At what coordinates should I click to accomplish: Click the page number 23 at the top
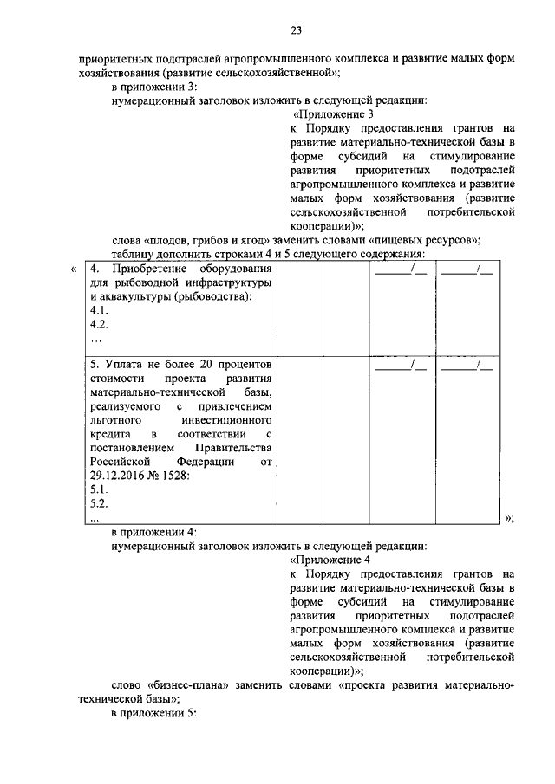pyautogui.click(x=296, y=31)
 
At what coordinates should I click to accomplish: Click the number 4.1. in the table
pyautogui.click(x=99, y=311)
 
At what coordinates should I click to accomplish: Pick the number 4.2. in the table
pyautogui.click(x=99, y=325)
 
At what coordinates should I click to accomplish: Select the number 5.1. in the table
pyautogui.click(x=99, y=489)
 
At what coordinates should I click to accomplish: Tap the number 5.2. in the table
pyautogui.click(x=99, y=503)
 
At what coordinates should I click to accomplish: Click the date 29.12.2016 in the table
pyautogui.click(x=120, y=476)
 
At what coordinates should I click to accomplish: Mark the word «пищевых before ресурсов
pyautogui.click(x=404, y=240)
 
